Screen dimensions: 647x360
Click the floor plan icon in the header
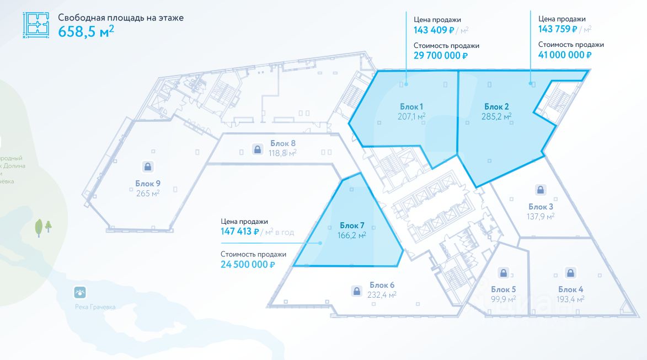(x=36, y=25)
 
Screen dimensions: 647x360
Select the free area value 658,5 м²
(x=86, y=31)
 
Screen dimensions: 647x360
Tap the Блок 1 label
(x=411, y=106)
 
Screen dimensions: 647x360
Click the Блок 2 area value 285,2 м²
(x=496, y=116)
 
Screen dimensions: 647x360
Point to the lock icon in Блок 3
(x=541, y=190)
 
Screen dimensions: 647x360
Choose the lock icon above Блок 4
(x=570, y=272)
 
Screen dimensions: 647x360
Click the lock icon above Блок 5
(x=503, y=272)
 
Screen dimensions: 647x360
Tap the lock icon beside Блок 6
(x=356, y=290)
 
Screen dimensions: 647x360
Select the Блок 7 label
(x=352, y=225)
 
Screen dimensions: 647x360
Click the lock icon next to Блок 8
(x=257, y=148)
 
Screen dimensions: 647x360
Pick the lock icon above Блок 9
(x=147, y=166)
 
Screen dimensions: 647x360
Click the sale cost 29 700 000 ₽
(x=441, y=55)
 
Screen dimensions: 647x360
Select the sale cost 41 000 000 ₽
(x=565, y=55)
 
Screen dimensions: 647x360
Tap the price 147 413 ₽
(x=240, y=232)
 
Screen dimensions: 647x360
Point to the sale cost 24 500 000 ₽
(x=248, y=265)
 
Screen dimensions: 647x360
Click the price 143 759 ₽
(x=558, y=29)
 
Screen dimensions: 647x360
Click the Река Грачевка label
(x=95, y=307)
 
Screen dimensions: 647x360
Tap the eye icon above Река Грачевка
(x=81, y=292)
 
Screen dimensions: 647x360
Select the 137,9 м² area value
(x=541, y=216)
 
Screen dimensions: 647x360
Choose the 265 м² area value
(x=147, y=193)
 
